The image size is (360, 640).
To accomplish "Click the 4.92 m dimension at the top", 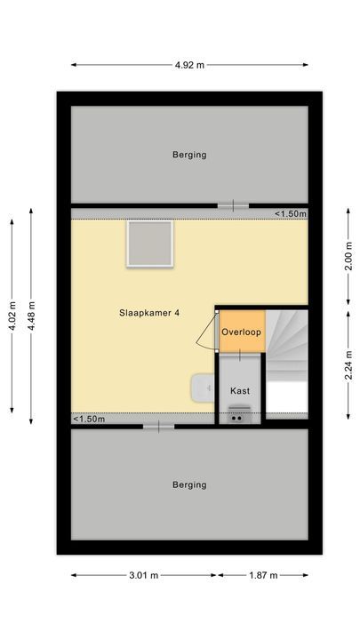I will coord(189,64).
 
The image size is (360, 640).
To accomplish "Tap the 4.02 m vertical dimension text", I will coord(12,316).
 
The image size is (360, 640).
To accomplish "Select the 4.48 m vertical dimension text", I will coord(31,316).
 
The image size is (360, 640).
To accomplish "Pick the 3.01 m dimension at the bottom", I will coord(143,575).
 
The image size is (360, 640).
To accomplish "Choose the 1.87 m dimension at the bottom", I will coord(262,575).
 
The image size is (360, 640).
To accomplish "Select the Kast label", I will coord(240,390).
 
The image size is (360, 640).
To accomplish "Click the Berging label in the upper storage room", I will coord(189,155).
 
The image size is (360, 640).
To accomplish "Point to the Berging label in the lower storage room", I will coord(189,484).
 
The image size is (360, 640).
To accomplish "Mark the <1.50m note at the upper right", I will coord(290,213).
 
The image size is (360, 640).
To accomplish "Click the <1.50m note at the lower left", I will coord(89,419).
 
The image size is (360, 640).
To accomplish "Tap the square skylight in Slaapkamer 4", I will coord(149,244).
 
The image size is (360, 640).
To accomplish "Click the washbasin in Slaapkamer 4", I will coord(203,387).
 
